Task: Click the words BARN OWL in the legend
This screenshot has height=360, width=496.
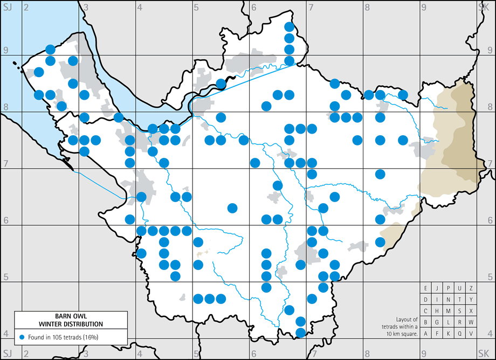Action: (x=71, y=317)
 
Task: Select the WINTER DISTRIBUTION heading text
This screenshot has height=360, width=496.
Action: (x=71, y=324)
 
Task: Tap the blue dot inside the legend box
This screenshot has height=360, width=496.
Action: (x=22, y=337)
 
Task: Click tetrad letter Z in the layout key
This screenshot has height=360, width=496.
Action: (x=471, y=288)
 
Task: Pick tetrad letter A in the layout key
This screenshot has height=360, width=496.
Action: (x=426, y=334)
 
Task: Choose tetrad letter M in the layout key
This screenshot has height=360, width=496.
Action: (x=449, y=311)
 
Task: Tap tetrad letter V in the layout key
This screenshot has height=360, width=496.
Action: (x=471, y=334)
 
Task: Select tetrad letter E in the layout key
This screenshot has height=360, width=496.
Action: (x=426, y=288)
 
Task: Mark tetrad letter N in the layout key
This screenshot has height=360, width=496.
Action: (x=449, y=300)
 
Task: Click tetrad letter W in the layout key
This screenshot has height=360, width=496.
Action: (x=471, y=322)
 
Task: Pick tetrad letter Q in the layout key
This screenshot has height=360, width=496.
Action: (x=460, y=334)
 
